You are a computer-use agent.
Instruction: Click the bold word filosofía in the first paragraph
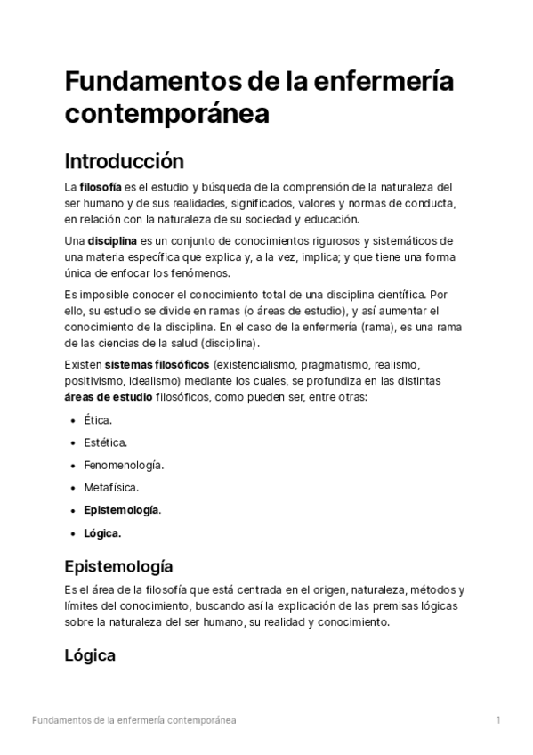click(x=101, y=187)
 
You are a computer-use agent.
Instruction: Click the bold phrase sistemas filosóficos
click(x=157, y=365)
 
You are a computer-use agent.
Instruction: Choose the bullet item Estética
click(x=105, y=442)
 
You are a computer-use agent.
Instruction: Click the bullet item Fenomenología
click(x=124, y=465)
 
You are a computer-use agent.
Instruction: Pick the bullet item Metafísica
click(x=111, y=488)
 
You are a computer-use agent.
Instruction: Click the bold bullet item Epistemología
click(x=122, y=510)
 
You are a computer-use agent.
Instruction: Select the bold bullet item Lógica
click(x=101, y=533)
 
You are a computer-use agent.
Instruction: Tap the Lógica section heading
click(x=90, y=655)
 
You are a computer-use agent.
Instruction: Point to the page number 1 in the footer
click(x=498, y=720)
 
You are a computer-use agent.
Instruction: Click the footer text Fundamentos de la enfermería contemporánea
click(x=133, y=720)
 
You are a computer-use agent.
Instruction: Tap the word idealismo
click(x=157, y=381)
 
